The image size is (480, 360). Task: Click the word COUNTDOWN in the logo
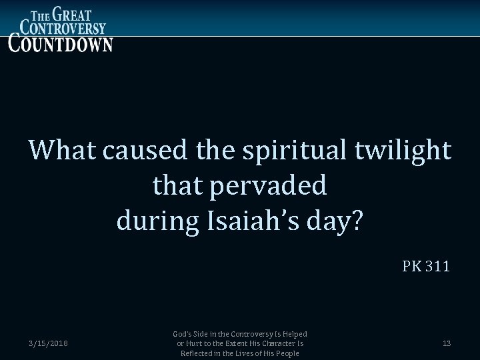tap(60, 42)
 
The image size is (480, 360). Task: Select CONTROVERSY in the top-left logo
tap(63, 27)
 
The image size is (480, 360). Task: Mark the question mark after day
tap(357, 221)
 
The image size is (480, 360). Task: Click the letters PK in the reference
tap(411, 267)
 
